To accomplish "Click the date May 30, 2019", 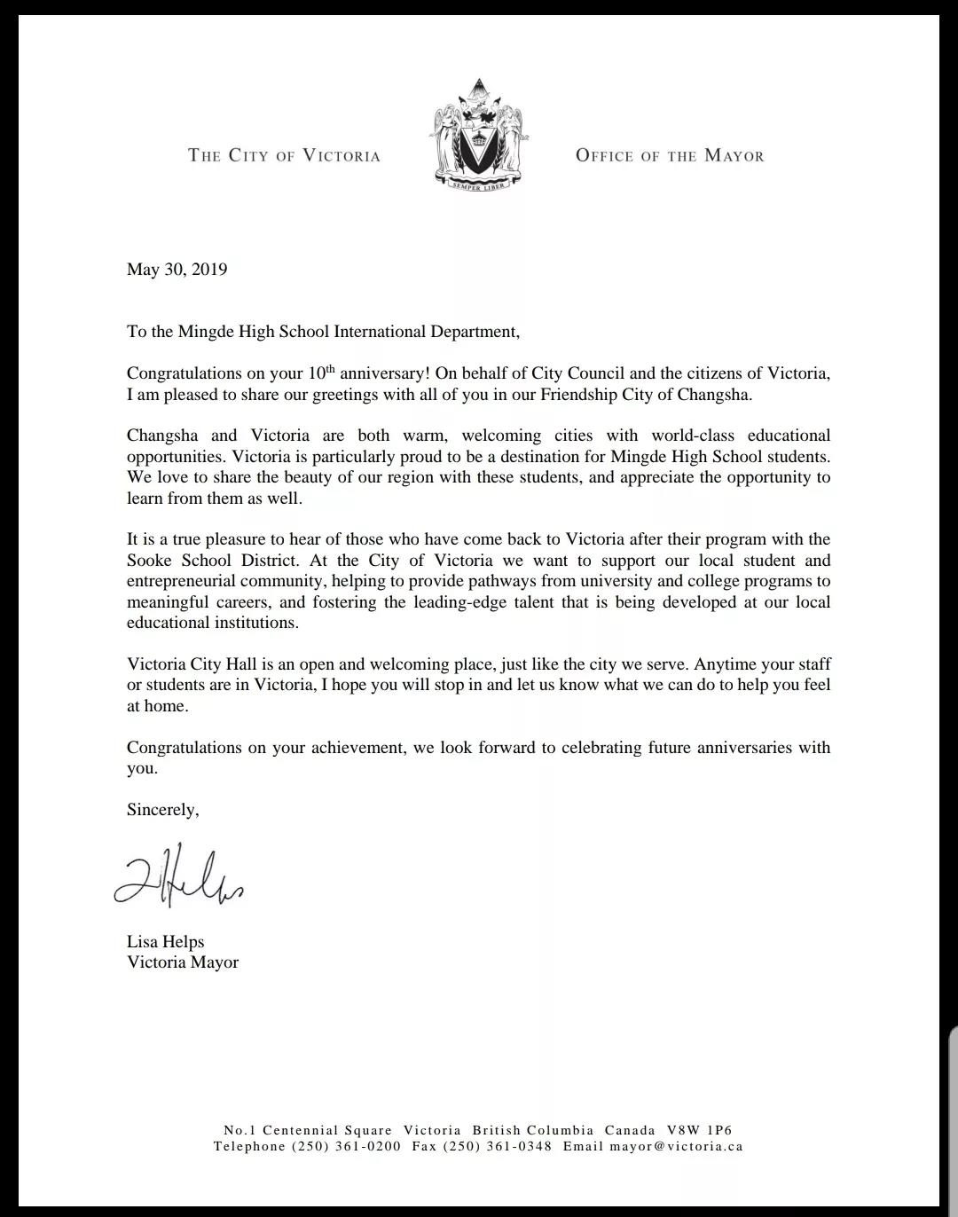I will click(177, 270).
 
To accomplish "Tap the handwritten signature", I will click(178, 876).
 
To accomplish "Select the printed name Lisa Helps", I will click(165, 942).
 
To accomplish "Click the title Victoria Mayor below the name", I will click(183, 962).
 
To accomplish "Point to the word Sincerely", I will click(162, 810).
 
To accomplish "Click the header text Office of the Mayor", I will click(670, 156).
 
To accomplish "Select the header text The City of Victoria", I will click(284, 156).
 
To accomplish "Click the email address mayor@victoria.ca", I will click(676, 1146).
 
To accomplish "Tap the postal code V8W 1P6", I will click(700, 1130).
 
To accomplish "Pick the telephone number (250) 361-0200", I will click(346, 1146).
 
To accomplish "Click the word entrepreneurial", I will click(181, 582).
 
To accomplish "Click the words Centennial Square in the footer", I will click(327, 1130).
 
